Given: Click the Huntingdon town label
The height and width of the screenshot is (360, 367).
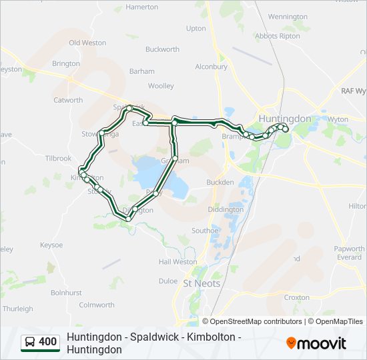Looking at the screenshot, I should point(284,119).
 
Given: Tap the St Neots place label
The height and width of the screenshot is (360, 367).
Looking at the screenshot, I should point(201,283).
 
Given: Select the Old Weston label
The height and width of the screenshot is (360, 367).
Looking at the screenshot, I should point(87,43).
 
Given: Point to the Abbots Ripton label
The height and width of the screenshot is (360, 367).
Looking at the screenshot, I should point(278,37).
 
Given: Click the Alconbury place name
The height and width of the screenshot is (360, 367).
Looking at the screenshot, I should point(212,67).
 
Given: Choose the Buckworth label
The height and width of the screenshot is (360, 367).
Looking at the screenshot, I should point(162,49).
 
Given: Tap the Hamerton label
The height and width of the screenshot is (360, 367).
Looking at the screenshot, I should point(142,7).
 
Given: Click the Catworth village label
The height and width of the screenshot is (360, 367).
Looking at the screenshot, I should point(68,101).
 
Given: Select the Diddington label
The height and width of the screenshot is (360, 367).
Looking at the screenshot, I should point(226,209).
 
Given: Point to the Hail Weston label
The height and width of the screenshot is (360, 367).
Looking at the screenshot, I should point(177,262).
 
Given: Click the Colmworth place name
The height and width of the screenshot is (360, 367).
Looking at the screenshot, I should point(97,305).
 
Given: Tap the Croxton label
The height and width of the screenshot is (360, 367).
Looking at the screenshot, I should point(296,297).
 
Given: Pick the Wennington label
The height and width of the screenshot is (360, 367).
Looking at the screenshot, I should point(288,17).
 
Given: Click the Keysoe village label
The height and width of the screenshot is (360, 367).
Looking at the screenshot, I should point(51,245).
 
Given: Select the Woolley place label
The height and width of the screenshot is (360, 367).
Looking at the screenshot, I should point(161,86).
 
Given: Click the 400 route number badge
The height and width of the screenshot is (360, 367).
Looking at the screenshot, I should point(47,342).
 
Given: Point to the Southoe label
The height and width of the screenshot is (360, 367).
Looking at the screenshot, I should point(205,231).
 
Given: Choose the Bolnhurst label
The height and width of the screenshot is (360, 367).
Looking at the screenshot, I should point(66,293).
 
